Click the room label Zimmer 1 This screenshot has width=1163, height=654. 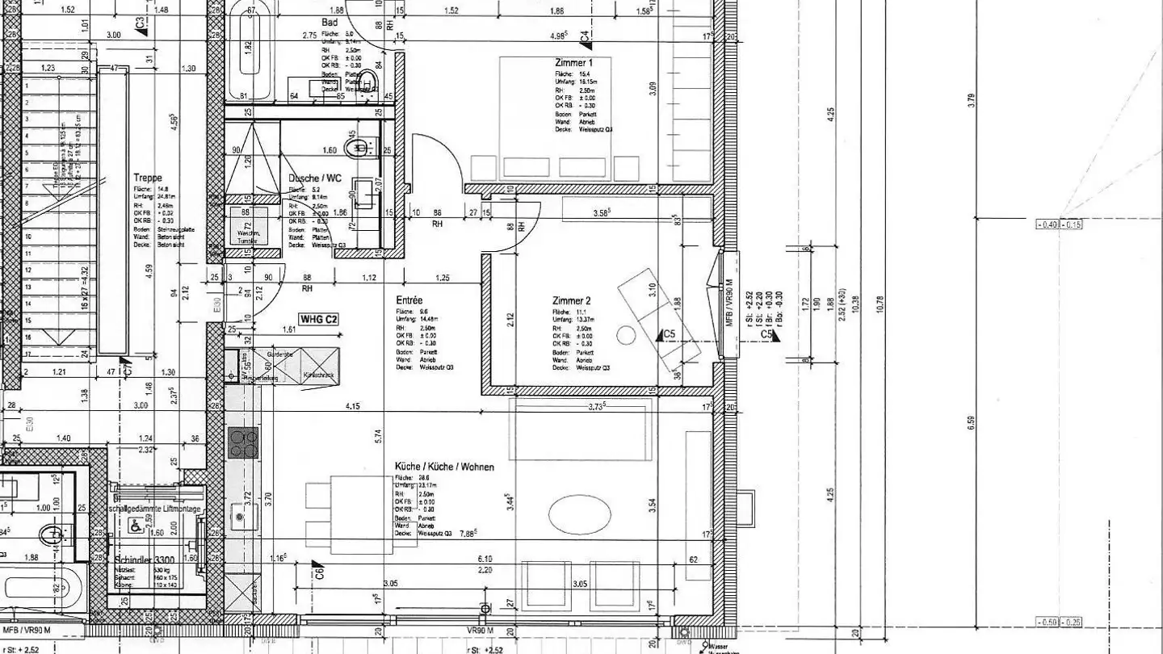pos(574,62)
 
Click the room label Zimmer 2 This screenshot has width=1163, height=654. pos(572,301)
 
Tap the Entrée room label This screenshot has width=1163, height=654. pos(409,300)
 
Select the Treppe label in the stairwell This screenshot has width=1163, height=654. pos(148,178)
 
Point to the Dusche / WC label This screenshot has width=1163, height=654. pos(314,178)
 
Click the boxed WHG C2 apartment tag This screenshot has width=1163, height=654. pos(319,320)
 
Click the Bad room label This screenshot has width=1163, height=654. pos(330,23)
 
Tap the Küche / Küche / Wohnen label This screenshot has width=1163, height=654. pos(444,467)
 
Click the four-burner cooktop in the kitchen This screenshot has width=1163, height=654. pos(242,442)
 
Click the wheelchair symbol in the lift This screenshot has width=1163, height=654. pos(133,524)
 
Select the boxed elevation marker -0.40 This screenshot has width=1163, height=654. pos(1047,224)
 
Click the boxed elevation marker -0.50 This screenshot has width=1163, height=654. pos(1047,622)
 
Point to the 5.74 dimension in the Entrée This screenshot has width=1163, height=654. pos(376,436)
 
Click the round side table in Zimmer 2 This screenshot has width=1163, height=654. pos(626,334)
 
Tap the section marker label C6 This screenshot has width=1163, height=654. pos(321,574)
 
